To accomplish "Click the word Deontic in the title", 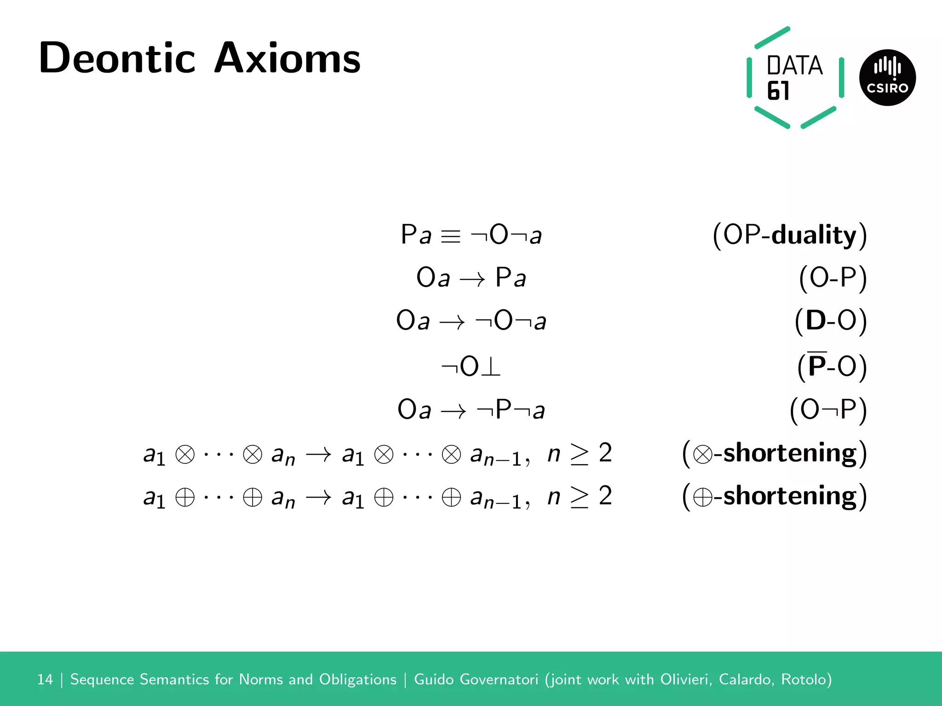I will click(x=117, y=58).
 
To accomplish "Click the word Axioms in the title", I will click(x=287, y=58).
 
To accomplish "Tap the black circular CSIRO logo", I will click(x=887, y=78).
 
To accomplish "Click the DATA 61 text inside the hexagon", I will click(x=793, y=77).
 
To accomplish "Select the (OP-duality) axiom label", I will click(x=789, y=235).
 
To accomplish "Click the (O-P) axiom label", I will click(x=833, y=278).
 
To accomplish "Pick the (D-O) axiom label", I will click(x=831, y=320).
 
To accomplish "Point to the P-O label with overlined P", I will click(x=832, y=366).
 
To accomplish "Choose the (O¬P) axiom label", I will click(x=828, y=409).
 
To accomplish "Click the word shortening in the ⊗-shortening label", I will click(x=790, y=453).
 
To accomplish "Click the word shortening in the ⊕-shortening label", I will click(x=790, y=495).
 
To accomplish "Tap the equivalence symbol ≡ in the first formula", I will click(x=450, y=236).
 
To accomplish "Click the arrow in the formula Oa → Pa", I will click(x=472, y=279).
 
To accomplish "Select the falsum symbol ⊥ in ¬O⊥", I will click(x=491, y=367).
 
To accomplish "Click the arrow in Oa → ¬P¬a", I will click(x=454, y=411).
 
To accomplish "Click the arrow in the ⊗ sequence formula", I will click(x=319, y=455).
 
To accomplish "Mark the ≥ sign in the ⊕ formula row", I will click(x=579, y=497).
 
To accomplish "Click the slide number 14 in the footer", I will click(x=45, y=679).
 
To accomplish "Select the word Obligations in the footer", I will click(x=357, y=679).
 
